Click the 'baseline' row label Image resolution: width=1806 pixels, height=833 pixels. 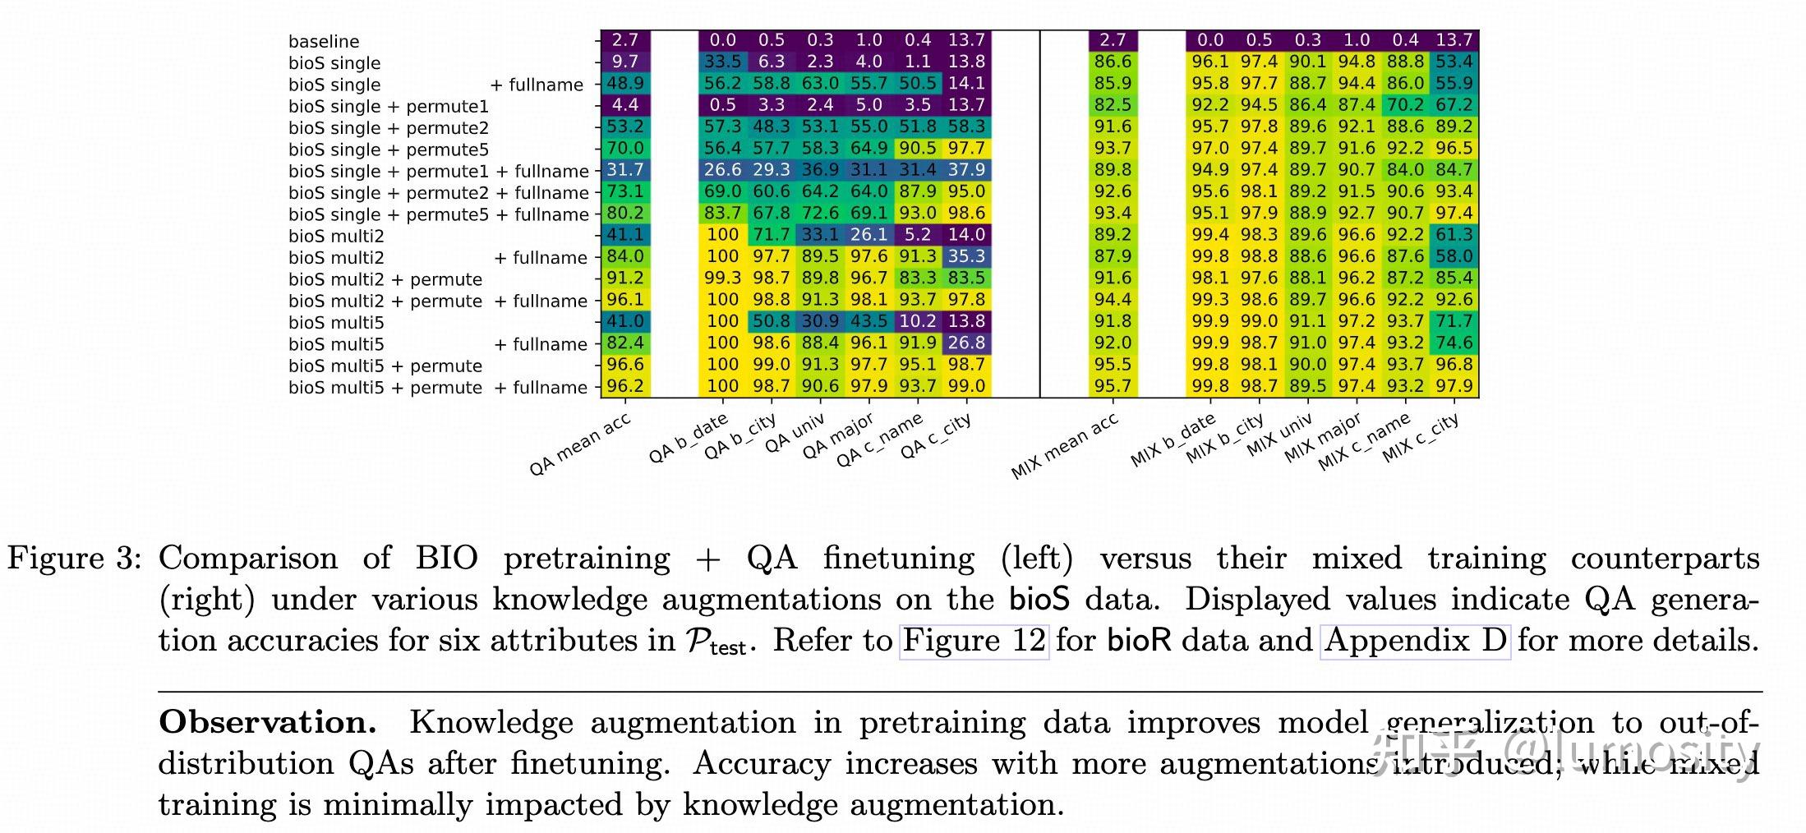[x=324, y=41]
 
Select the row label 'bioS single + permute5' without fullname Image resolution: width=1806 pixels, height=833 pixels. [x=389, y=150]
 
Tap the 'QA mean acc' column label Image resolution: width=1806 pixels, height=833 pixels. [x=580, y=444]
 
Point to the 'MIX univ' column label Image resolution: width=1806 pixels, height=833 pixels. [x=1280, y=435]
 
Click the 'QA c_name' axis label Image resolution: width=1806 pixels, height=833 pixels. [x=880, y=441]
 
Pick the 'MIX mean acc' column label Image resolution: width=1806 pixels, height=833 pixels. [x=1065, y=446]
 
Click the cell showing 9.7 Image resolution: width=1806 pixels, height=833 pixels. [x=625, y=62]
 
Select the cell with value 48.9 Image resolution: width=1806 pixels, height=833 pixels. [x=625, y=83]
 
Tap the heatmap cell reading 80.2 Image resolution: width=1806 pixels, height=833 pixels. [x=625, y=213]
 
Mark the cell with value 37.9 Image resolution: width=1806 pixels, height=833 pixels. [x=966, y=169]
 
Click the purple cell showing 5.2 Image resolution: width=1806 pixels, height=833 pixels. [x=918, y=234]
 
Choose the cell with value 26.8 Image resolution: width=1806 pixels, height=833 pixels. [x=966, y=343]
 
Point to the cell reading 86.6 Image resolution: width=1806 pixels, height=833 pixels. [x=1113, y=62]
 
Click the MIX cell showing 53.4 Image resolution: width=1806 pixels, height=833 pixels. [x=1454, y=62]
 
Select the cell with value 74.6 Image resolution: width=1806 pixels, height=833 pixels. [x=1454, y=343]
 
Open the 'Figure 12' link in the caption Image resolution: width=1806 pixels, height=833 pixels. [x=974, y=640]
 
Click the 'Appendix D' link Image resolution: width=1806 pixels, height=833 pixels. [x=1415, y=640]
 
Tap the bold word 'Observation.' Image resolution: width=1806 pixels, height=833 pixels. [x=268, y=723]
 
